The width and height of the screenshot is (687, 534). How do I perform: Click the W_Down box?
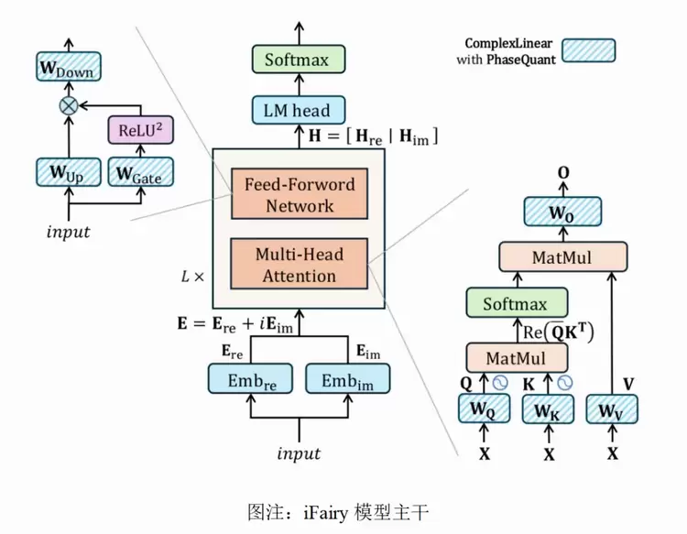(x=69, y=67)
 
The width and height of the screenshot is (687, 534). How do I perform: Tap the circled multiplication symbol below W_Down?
(x=69, y=105)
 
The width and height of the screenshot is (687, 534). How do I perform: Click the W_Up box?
(x=69, y=171)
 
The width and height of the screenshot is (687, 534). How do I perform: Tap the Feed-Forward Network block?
(x=299, y=194)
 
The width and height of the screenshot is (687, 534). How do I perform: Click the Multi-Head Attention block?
(x=299, y=264)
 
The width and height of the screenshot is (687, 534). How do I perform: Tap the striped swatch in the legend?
(x=588, y=50)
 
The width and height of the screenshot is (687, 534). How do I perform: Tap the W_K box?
(x=548, y=409)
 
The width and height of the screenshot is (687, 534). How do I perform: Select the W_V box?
(x=612, y=409)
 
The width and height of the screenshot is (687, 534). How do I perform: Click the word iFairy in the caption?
(x=317, y=510)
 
